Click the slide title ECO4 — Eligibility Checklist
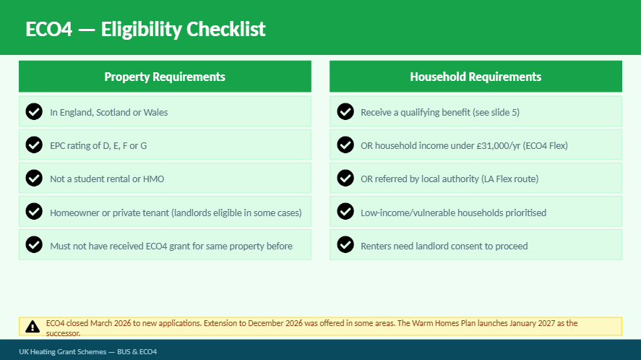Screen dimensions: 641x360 pos(145,30)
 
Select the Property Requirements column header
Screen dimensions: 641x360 pos(165,77)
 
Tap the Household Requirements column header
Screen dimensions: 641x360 pos(476,77)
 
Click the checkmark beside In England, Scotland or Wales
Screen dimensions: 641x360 pos(34,111)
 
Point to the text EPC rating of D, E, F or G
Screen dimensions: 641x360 pos(98,145)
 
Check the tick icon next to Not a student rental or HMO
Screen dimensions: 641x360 pos(34,178)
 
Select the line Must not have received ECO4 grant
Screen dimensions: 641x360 pos(171,246)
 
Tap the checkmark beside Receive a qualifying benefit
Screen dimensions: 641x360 pos(345,111)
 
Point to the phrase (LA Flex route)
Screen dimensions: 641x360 pos(509,179)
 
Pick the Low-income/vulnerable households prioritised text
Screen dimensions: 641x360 pos(453,213)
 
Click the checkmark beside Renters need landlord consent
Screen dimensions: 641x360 pos(345,244)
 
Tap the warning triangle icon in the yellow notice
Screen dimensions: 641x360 pos(33,327)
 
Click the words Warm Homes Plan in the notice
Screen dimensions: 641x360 pos(444,323)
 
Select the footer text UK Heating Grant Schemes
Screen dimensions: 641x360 pos(63,352)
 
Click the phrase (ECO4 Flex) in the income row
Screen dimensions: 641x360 pos(546,145)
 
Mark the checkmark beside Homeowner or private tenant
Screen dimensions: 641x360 pos(34,211)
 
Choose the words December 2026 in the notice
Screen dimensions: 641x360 pos(275,323)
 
